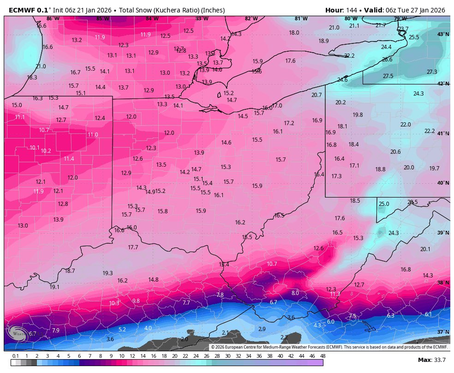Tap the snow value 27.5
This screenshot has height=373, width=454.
(x=388, y=76)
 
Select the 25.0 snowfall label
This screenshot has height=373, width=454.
(x=384, y=204)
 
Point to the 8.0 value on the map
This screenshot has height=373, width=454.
(x=295, y=293)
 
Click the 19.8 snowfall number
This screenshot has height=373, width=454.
(x=358, y=115)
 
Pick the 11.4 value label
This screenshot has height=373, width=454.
(x=69, y=159)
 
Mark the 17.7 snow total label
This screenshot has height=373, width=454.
(x=133, y=247)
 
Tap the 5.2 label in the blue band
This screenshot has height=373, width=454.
(x=122, y=330)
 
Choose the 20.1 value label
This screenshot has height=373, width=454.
(x=425, y=249)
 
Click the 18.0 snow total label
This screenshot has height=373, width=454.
(x=294, y=33)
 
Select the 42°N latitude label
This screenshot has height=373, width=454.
(x=443, y=84)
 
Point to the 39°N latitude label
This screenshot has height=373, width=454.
(x=443, y=233)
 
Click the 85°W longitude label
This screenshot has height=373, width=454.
(x=102, y=19)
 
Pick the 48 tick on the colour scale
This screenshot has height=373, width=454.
(x=323, y=356)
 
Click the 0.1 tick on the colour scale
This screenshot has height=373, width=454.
(x=16, y=356)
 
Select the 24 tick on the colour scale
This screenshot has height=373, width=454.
(x=196, y=356)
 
